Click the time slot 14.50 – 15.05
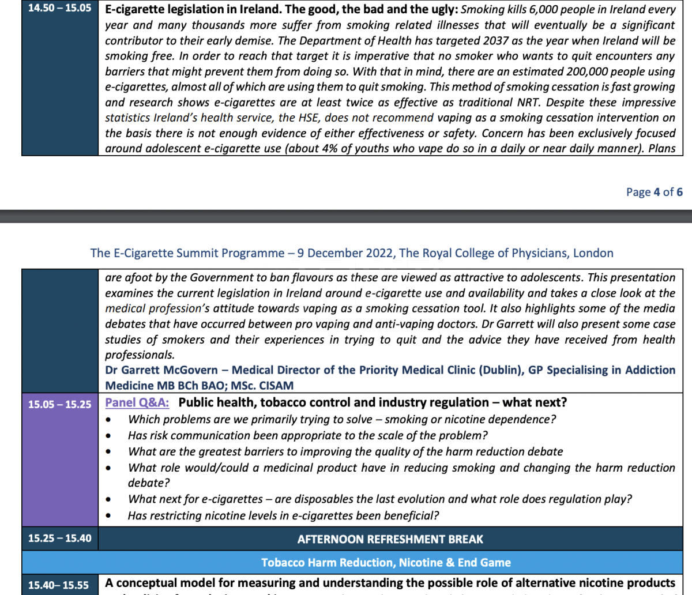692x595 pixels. pyautogui.click(x=59, y=9)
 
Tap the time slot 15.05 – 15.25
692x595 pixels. pyautogui.click(x=59, y=404)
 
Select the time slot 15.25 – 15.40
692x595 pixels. pyautogui.click(x=59, y=538)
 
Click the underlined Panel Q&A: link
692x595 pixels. pyautogui.click(x=137, y=402)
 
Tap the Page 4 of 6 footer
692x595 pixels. pyautogui.click(x=654, y=192)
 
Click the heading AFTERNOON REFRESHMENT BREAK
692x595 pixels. pyautogui.click(x=390, y=539)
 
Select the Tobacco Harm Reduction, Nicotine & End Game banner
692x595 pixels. pyautogui.click(x=386, y=563)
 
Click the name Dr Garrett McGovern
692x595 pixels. pyautogui.click(x=161, y=370)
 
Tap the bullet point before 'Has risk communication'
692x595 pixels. pyautogui.click(x=108, y=436)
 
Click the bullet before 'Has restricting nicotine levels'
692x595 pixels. pyautogui.click(x=108, y=516)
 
